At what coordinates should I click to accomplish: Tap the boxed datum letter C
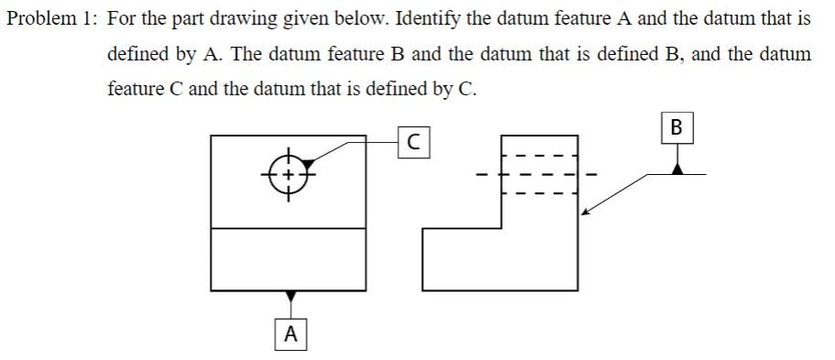click(415, 143)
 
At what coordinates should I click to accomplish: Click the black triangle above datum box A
click(290, 297)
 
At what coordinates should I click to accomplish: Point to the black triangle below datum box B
click(677, 168)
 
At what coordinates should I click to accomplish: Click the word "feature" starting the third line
click(137, 89)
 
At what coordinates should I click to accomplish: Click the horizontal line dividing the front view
click(290, 227)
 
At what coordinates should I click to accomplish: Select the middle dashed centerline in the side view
click(536, 174)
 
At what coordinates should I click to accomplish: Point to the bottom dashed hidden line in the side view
click(540, 193)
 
